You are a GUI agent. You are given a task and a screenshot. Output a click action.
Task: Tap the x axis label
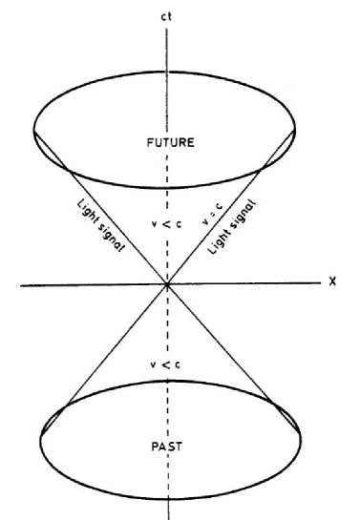coord(332,281)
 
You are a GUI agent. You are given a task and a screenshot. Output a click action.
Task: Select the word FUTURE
coord(167,143)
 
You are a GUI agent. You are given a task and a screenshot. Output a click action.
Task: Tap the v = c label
coord(209,218)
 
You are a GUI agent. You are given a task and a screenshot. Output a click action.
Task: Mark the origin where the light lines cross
coord(168,282)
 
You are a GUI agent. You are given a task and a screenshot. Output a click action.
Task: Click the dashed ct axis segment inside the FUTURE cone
coord(168,191)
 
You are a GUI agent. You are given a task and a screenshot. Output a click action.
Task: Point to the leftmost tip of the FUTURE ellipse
coord(33,129)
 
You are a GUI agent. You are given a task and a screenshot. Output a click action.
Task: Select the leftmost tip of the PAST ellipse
coord(39,439)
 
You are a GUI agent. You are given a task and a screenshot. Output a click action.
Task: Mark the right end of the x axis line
coord(318,282)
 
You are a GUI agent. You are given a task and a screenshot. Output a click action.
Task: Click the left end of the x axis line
coord(19,282)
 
